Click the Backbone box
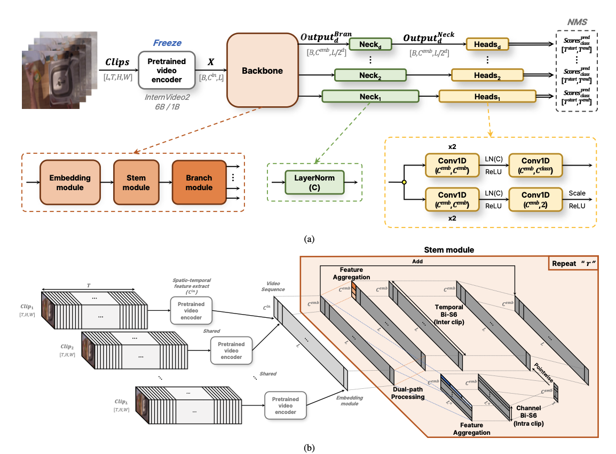(263, 71)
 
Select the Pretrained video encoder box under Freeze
(167, 69)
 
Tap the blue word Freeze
(167, 42)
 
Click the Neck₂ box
(368, 76)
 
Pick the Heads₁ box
(487, 97)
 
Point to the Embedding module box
(70, 182)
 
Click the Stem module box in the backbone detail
(137, 182)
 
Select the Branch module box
(198, 182)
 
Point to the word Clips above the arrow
(117, 62)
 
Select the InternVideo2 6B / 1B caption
(167, 101)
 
